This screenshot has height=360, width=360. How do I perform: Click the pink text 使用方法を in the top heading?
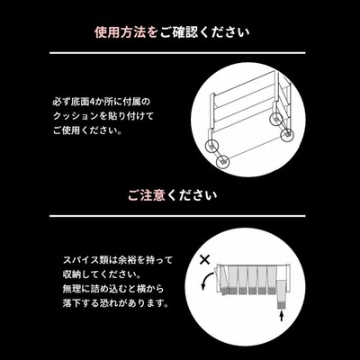(x=126, y=32)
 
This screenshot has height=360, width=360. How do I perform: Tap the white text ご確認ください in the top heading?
(x=204, y=32)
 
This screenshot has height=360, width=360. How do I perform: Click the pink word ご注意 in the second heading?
(x=147, y=195)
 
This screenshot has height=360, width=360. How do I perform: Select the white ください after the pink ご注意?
(x=192, y=195)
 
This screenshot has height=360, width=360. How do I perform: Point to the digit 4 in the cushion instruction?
(x=92, y=102)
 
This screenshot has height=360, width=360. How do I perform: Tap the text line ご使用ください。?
(x=87, y=130)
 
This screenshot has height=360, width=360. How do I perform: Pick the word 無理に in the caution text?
(x=76, y=289)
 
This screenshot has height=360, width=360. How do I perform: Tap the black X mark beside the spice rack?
(x=205, y=259)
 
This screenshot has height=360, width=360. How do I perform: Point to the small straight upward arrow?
(x=282, y=317)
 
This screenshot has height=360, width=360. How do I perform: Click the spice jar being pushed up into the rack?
(x=282, y=294)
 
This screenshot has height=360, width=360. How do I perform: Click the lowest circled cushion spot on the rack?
(x=222, y=162)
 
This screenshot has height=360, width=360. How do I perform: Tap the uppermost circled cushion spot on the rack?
(x=276, y=119)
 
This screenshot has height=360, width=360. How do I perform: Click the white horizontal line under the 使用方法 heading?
(x=177, y=53)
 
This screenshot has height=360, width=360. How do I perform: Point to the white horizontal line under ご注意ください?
(x=177, y=216)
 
